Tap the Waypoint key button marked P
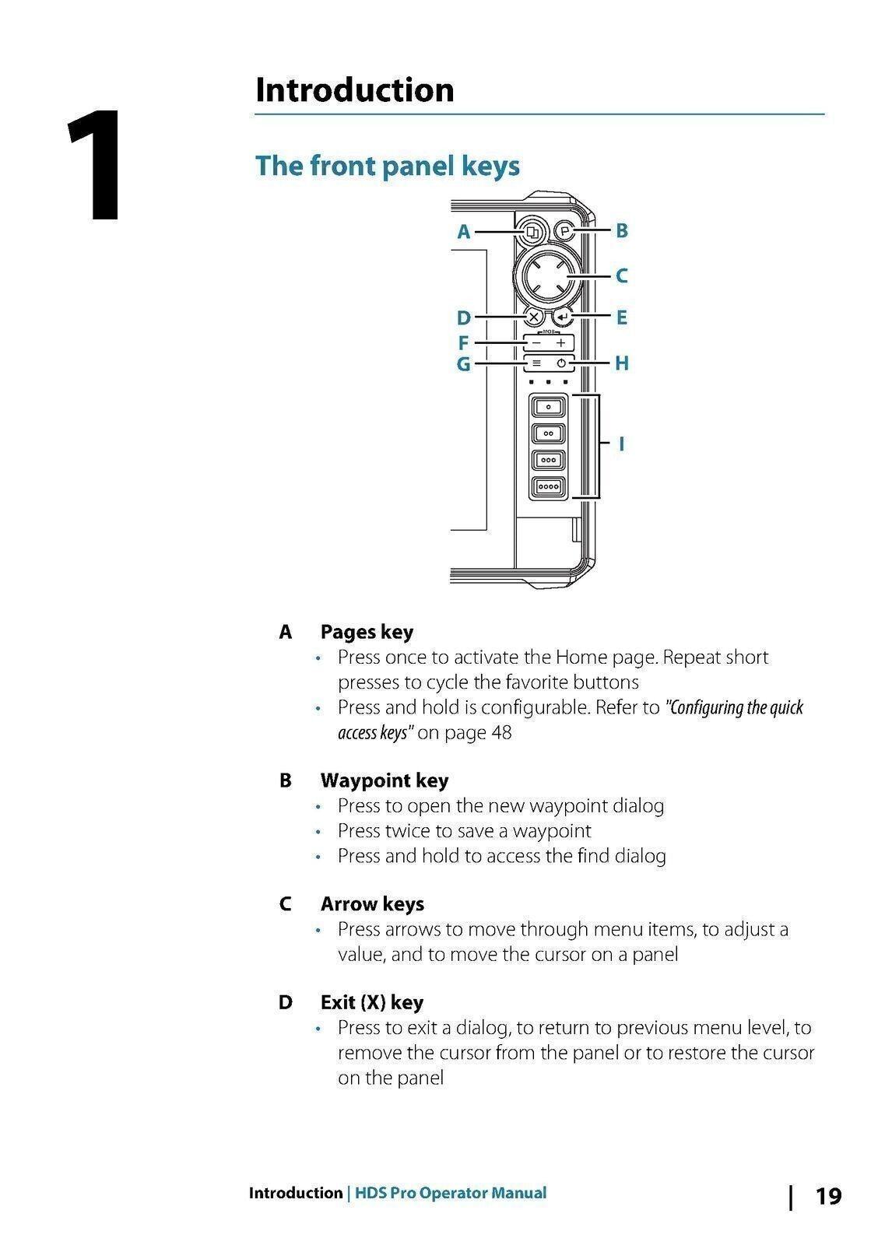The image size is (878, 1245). click(x=565, y=231)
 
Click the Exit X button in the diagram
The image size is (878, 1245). click(x=534, y=317)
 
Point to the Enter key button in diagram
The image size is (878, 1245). click(x=563, y=317)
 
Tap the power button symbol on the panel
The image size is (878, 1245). click(x=561, y=363)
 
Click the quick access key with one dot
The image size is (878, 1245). click(x=549, y=407)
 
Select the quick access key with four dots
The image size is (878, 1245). click(x=549, y=487)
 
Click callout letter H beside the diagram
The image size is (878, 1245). click(x=621, y=363)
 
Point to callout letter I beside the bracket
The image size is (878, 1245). click(x=621, y=444)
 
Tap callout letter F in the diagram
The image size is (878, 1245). click(x=463, y=343)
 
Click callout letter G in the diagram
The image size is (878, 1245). click(x=463, y=363)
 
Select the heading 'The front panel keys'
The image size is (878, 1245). click(x=387, y=166)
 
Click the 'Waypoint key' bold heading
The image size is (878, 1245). click(x=385, y=780)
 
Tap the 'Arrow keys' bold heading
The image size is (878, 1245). click(x=372, y=904)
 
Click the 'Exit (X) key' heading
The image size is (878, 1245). click(x=372, y=1002)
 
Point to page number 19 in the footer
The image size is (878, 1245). click(x=828, y=1196)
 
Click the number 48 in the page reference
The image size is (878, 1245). click(x=501, y=733)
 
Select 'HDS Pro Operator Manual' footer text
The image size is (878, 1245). click(x=451, y=1193)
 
